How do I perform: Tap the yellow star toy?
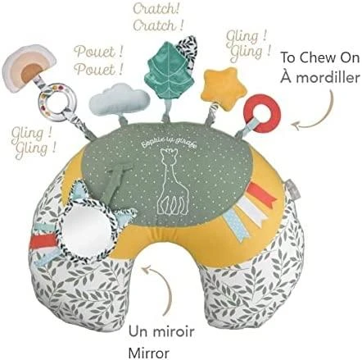click(224, 88)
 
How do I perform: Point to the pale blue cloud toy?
click(119, 99)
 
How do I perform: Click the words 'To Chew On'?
click(320, 57)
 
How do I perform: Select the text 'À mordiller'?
click(320, 77)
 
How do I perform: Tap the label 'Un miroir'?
click(161, 331)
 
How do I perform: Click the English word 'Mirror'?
click(149, 353)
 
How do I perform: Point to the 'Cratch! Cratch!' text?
click(158, 17)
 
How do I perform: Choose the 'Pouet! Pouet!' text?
click(98, 61)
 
